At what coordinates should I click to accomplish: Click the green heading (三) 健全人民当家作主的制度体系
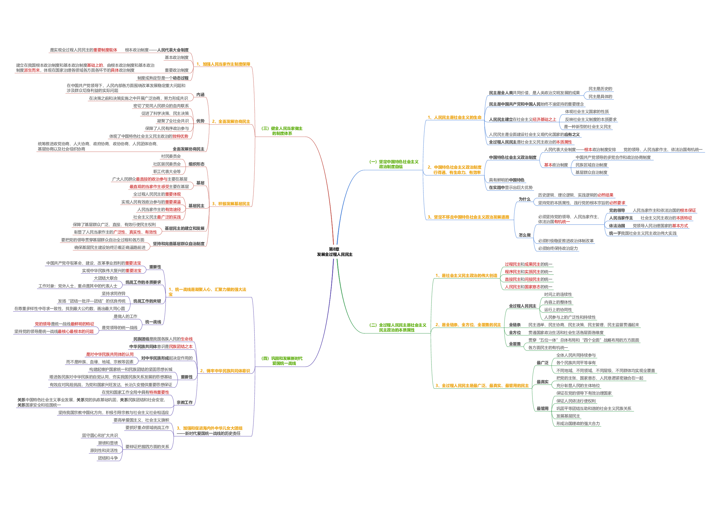point(282,131)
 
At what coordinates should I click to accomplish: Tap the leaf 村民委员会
point(171,156)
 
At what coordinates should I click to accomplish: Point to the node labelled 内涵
point(200,94)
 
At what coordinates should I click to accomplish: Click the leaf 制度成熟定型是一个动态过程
point(163,78)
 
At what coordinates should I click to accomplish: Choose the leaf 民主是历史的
point(600,89)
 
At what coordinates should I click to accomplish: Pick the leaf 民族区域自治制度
point(591,165)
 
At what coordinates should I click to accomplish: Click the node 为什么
point(524,199)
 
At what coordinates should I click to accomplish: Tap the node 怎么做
point(524,235)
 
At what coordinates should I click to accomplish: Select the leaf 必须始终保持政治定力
point(558,248)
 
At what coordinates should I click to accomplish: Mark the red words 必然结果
point(605,195)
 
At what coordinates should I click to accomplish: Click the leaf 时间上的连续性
point(558,295)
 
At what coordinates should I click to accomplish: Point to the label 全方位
point(515,333)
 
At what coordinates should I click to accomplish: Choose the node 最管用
point(543,408)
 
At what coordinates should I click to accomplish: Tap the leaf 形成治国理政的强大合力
point(578,423)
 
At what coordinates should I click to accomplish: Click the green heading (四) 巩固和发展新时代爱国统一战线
point(282,361)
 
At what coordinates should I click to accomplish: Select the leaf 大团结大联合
point(106,278)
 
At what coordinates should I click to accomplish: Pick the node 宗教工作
point(185,403)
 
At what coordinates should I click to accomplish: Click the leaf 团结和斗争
point(108,458)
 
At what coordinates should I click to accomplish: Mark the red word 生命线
point(187,339)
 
